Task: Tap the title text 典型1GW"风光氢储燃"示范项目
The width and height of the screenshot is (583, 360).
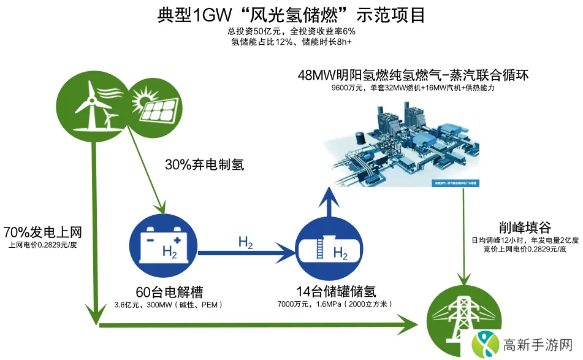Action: (291, 14)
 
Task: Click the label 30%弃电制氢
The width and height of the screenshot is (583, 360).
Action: (204, 165)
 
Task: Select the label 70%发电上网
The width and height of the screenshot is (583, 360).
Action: (42, 232)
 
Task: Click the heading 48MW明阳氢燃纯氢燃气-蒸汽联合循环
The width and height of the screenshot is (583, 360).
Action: (413, 75)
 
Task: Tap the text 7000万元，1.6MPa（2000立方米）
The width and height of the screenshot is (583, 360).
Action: (334, 304)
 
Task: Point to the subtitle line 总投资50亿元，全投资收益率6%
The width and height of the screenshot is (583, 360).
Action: (291, 31)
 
